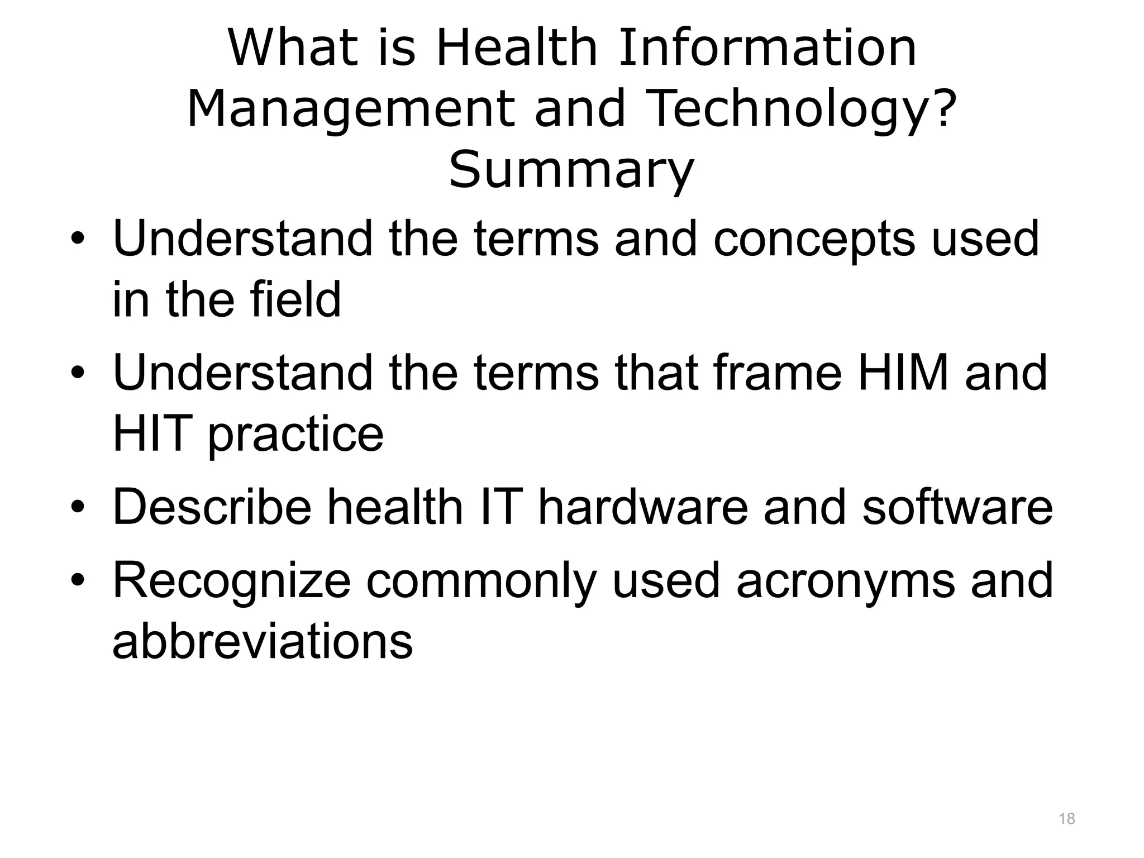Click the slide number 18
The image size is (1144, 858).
coord(1067,819)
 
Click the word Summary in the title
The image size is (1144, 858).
coord(571,170)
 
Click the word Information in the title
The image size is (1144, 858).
coord(768,48)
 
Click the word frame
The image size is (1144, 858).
coord(778,373)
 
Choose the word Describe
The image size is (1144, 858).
coord(212,507)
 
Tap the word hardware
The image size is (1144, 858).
coord(642,507)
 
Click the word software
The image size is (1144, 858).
coord(957,507)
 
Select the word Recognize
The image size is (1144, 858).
coord(232,582)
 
